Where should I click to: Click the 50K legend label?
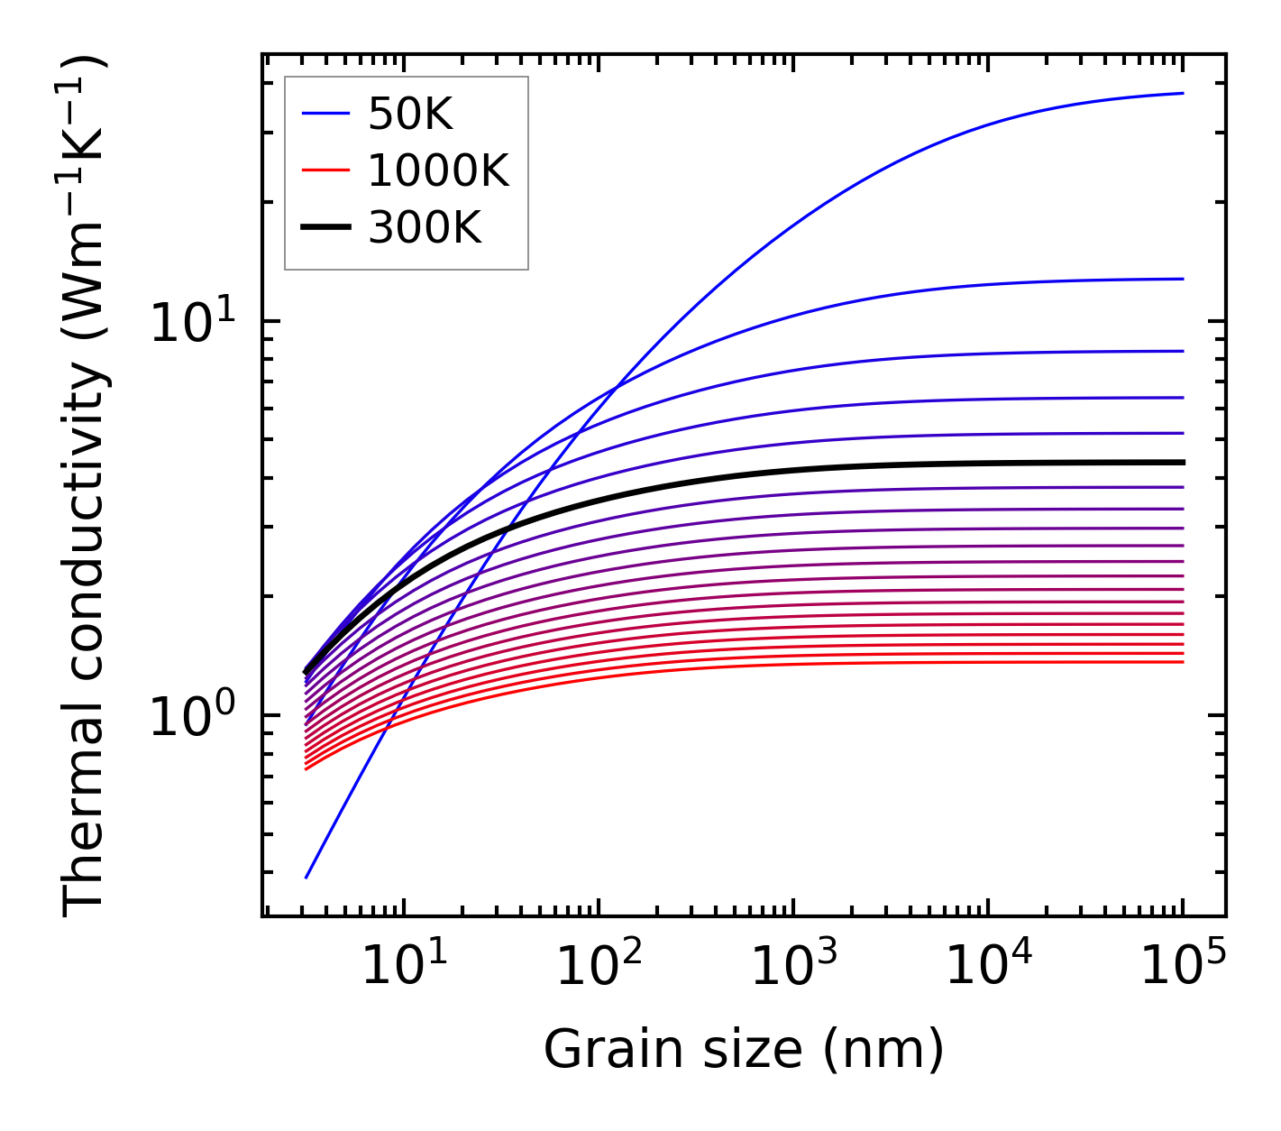click(410, 115)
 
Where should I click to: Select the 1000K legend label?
click(438, 170)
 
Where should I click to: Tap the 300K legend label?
click(425, 228)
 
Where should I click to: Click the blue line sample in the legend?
click(325, 115)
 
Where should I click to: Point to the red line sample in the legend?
click(325, 170)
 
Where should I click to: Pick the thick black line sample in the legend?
click(325, 228)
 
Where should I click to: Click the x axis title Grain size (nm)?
click(744, 1051)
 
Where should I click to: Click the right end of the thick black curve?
click(1183, 462)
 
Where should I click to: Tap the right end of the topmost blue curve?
click(1183, 93)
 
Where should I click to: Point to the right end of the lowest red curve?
click(1183, 662)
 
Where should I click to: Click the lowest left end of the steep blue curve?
click(307, 878)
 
